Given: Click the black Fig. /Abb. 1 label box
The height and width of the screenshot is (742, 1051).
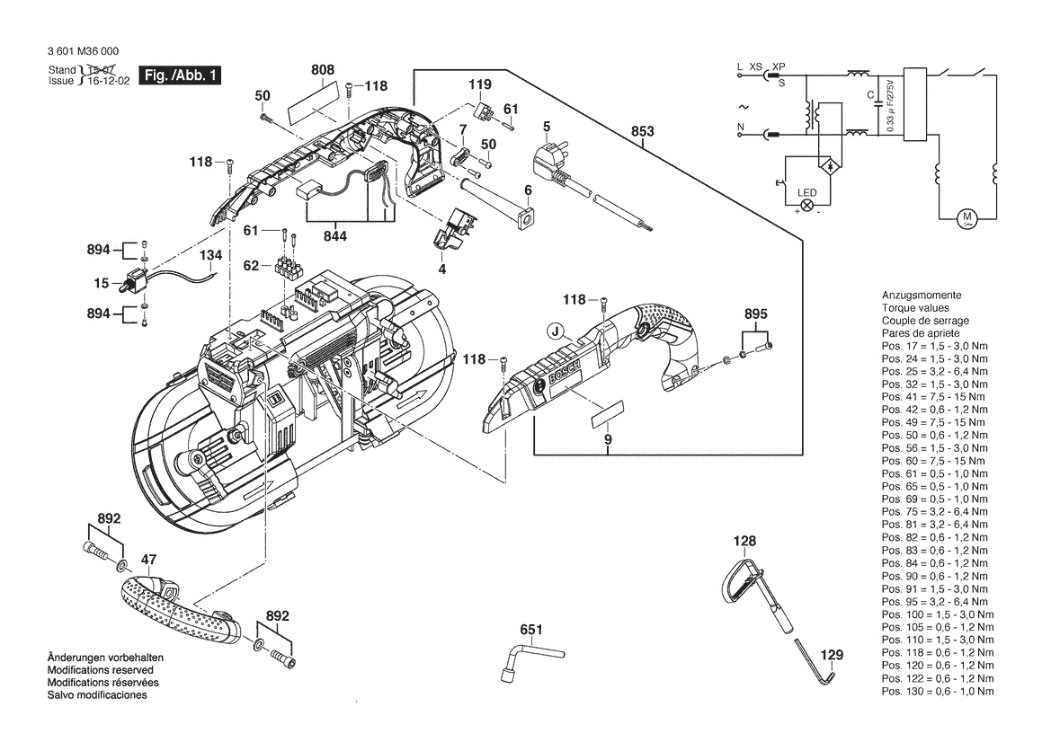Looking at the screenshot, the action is pyautogui.click(x=179, y=75).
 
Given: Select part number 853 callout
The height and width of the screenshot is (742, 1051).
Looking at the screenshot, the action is pyautogui.click(x=642, y=131).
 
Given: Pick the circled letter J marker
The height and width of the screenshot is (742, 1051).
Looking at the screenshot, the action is pyautogui.click(x=555, y=331).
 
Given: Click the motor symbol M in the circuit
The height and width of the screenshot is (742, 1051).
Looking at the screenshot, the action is pyautogui.click(x=966, y=217).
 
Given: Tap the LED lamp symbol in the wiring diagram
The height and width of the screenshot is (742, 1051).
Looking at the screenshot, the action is pyautogui.click(x=807, y=206).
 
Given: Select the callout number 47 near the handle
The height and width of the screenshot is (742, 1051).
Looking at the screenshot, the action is pyautogui.click(x=149, y=560).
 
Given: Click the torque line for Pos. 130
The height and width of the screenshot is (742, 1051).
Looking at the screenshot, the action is pyautogui.click(x=938, y=691).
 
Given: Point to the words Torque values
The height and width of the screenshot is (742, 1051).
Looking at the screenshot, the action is pyautogui.click(x=915, y=308).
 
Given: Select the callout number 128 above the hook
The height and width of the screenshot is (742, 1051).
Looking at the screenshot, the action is pyautogui.click(x=744, y=541).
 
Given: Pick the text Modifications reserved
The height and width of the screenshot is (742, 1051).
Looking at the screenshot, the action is pyautogui.click(x=100, y=669).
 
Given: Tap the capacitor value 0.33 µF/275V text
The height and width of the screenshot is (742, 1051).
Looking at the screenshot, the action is pyautogui.click(x=890, y=107).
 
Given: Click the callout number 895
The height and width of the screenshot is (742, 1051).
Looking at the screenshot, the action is pyautogui.click(x=755, y=314).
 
